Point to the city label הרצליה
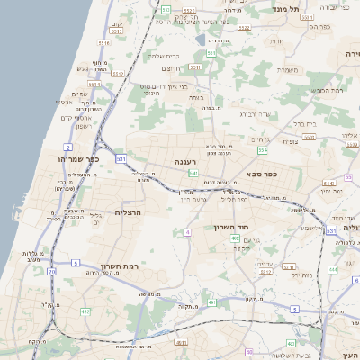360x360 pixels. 130,212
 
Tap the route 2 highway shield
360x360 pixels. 68,146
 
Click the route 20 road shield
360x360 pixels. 52,270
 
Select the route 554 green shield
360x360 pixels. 263,149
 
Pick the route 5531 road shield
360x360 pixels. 104,42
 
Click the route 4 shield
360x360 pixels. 187,232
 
